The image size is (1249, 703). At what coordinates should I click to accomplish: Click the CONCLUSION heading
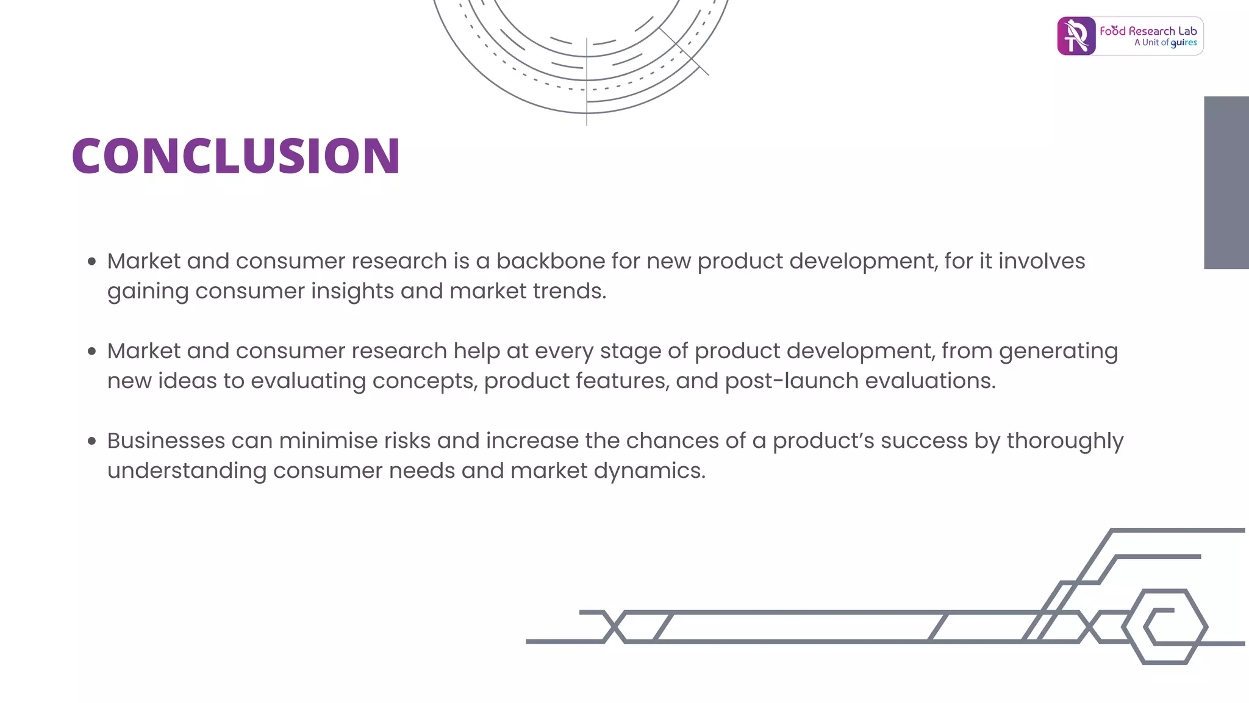235,156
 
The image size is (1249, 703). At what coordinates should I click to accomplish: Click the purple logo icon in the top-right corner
1076,36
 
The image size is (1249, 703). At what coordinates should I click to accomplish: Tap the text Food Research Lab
1148,31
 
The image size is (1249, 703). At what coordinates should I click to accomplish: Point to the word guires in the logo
1183,43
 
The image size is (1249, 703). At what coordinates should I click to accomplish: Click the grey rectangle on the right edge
1226,182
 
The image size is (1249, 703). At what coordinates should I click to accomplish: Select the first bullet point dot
92,262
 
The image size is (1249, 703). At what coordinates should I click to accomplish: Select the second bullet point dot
92,351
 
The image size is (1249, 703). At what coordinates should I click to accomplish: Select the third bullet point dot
92,441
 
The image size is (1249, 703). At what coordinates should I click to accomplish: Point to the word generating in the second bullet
1058,351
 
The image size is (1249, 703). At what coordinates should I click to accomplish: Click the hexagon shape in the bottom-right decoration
1164,627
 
